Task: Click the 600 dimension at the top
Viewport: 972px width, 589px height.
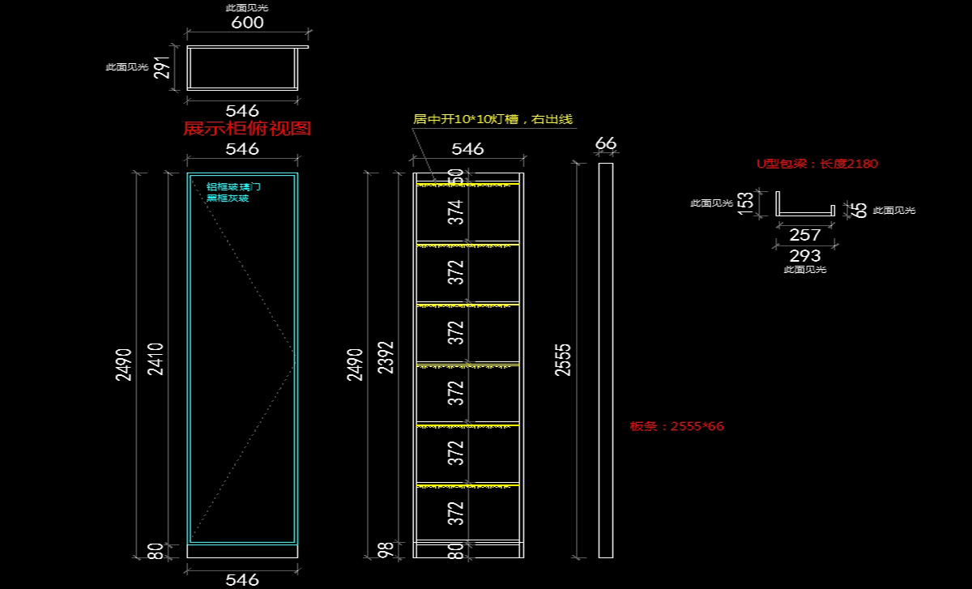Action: (x=247, y=23)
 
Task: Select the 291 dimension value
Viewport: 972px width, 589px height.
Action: (x=162, y=67)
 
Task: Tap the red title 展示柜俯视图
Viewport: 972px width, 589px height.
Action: (x=247, y=128)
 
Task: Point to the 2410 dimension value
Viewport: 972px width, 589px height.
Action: (x=156, y=359)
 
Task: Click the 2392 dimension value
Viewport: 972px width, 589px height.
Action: (x=386, y=357)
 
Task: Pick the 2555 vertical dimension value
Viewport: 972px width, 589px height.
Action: (x=563, y=360)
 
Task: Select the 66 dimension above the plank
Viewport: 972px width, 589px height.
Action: (x=606, y=144)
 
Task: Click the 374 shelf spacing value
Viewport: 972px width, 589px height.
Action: (x=457, y=212)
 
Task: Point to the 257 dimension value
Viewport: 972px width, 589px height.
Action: (x=805, y=235)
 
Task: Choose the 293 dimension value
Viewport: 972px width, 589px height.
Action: (x=805, y=256)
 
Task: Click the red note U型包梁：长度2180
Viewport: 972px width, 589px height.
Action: (x=816, y=164)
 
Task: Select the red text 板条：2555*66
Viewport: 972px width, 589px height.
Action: (x=677, y=426)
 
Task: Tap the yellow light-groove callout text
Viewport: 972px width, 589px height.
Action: (x=492, y=119)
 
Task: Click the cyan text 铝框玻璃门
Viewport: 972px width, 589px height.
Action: (x=234, y=187)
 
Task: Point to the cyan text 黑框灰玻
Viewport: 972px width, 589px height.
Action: (x=228, y=198)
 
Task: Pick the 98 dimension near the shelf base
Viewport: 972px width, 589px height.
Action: (x=386, y=550)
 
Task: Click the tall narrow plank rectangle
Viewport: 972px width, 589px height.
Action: (x=606, y=360)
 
